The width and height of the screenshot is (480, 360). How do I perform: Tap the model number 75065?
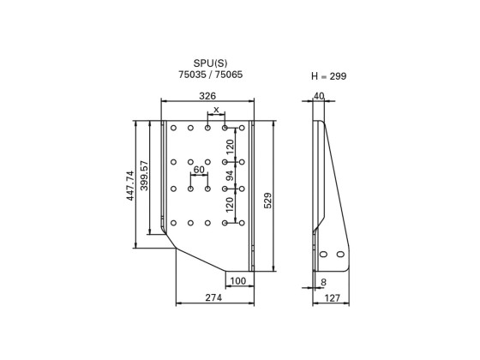[x=228, y=75]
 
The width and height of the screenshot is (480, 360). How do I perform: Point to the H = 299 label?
[x=328, y=76]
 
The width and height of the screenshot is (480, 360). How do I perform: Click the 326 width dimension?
[x=207, y=96]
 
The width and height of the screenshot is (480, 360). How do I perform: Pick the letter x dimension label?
[x=216, y=110]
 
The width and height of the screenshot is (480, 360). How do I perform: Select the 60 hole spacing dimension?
[x=199, y=170]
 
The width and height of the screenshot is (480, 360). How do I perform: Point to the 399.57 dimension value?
[x=145, y=177]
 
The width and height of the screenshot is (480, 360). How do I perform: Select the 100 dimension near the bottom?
[x=238, y=281]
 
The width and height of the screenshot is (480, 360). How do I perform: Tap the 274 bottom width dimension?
[x=213, y=297]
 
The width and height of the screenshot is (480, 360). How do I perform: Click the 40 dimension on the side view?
[x=319, y=96]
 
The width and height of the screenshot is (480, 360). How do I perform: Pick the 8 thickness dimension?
[x=322, y=281]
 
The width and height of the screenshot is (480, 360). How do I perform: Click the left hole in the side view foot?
[x=324, y=255]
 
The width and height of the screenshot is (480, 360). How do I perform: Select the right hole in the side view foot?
[x=340, y=255]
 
